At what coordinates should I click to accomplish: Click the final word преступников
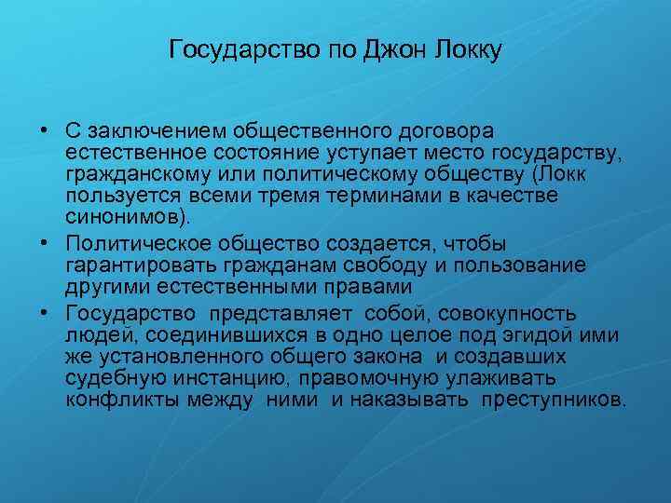coord(555,401)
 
